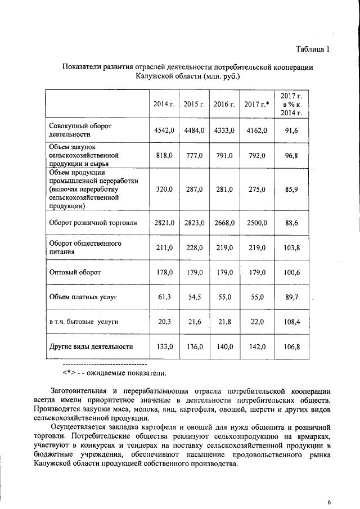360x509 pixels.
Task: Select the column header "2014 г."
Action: [164, 104]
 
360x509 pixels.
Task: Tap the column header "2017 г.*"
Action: [256, 104]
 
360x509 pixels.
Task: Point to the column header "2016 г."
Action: [224, 104]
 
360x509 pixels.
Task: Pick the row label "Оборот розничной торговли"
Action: [93, 223]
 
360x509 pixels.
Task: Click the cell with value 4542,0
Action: [164, 130]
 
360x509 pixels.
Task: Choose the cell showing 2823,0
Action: [194, 223]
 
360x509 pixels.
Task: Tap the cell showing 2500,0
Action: [256, 223]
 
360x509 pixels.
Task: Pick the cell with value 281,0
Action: [224, 190]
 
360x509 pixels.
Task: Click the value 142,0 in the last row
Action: [256, 346]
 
